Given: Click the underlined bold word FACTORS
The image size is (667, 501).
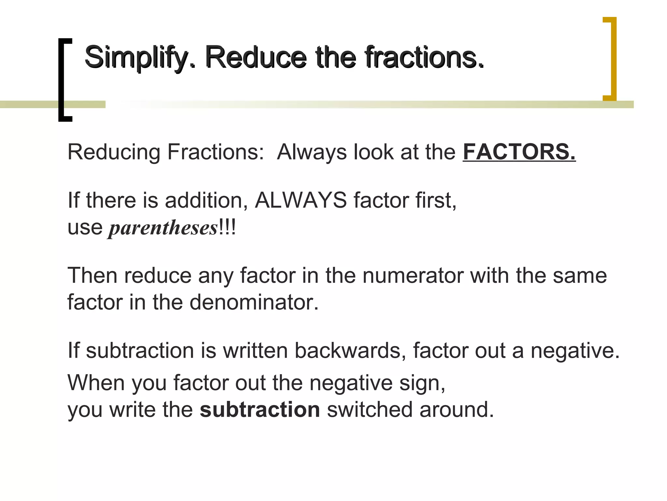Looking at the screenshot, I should tap(519, 152).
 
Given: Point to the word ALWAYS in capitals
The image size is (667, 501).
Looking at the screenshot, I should tap(301, 200).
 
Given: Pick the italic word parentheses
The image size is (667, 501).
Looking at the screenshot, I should tap(163, 228).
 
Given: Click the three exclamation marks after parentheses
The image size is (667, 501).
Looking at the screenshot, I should tap(227, 227).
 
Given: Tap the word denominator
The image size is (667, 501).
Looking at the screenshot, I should tap(254, 302).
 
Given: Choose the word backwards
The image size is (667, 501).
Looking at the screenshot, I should tap(350, 351).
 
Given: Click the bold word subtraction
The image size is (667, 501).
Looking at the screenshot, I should tap(260, 410).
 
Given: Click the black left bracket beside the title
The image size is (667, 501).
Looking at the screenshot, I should tap(64, 80).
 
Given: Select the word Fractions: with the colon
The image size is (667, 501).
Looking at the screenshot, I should tap(215, 152).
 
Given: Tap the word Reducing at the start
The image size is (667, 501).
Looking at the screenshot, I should tap(114, 152).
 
